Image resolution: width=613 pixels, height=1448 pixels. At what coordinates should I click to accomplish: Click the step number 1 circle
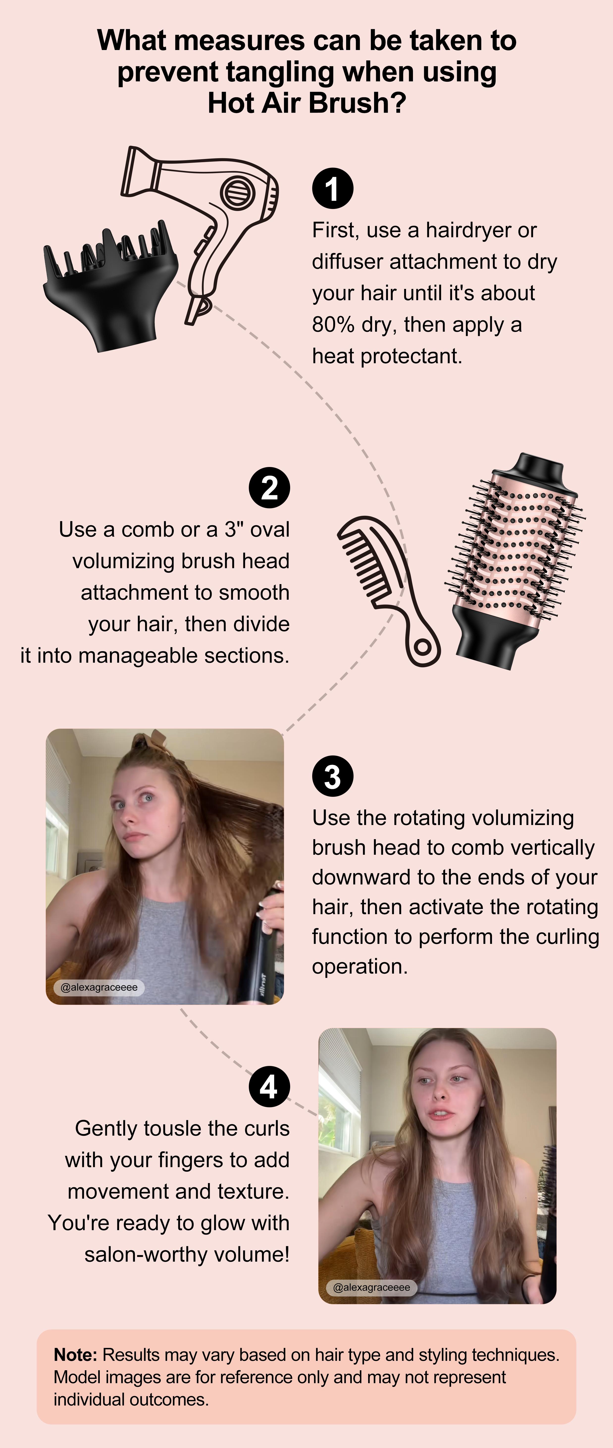click(x=333, y=189)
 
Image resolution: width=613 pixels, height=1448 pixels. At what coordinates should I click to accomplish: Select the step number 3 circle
click(x=333, y=776)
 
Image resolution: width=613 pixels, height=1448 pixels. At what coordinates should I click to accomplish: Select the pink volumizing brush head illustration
click(x=514, y=562)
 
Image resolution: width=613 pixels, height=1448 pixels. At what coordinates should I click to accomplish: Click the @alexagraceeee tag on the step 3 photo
click(x=99, y=988)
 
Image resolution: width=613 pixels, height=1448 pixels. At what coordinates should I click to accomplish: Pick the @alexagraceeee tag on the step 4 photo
click(x=371, y=1287)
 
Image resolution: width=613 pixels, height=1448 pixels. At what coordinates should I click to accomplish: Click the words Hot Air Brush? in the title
click(x=307, y=103)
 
